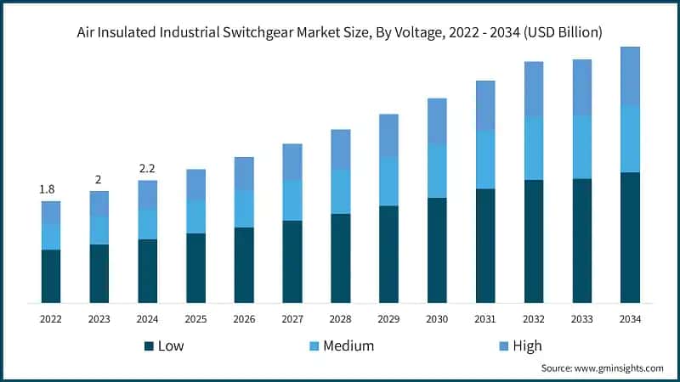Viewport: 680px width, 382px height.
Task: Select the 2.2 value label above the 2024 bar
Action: coord(147,168)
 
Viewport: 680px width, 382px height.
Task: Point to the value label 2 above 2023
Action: coord(99,179)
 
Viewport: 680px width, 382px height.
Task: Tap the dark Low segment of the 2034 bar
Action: coord(630,238)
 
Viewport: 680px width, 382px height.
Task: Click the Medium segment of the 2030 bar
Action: coord(437,171)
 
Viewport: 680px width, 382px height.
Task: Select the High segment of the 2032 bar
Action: coord(534,89)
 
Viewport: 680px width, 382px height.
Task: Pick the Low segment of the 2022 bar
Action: coord(51,276)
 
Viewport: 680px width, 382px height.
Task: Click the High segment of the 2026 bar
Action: coord(244,173)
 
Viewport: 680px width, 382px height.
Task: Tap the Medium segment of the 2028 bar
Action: coord(341,191)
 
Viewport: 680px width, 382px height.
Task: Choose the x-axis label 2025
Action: coord(195,319)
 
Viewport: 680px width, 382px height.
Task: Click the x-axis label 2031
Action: coord(485,319)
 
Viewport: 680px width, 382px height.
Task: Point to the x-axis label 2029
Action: coord(388,319)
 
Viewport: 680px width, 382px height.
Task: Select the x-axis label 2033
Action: coord(581,319)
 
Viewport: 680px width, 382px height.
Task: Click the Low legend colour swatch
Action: coord(150,346)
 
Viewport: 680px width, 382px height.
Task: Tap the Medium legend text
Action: coord(347,346)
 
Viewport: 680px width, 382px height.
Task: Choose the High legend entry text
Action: coord(527,346)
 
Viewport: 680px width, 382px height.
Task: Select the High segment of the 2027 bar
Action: coord(292,161)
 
